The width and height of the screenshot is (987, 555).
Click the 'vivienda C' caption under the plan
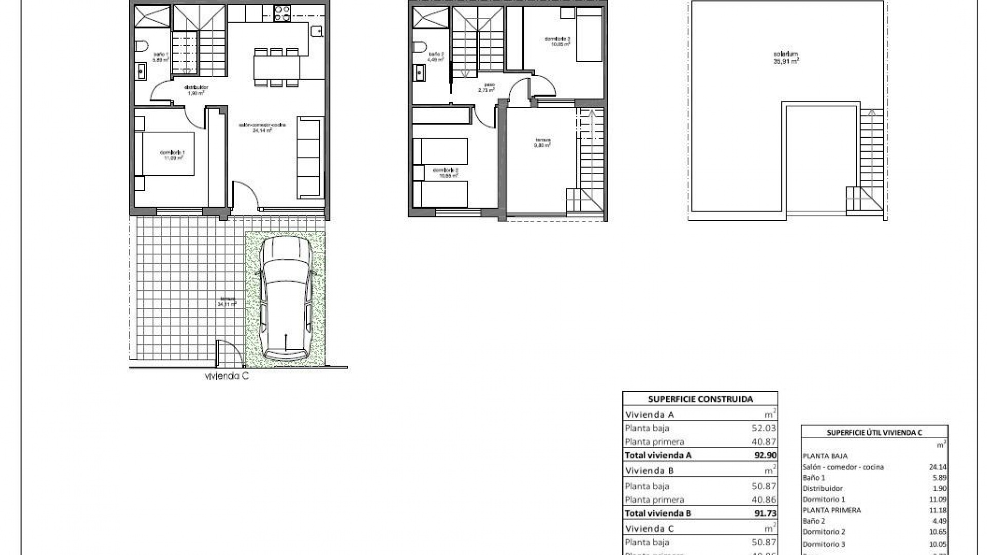[x=227, y=376]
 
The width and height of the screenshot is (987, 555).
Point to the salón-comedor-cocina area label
[x=262, y=127]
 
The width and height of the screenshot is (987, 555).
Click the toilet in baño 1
[x=140, y=47]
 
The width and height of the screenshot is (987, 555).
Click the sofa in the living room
[x=310, y=158]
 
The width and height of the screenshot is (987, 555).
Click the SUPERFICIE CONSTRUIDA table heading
[x=700, y=399]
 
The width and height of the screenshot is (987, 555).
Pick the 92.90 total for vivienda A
[x=765, y=455]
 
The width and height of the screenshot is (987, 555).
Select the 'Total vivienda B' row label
[x=657, y=513]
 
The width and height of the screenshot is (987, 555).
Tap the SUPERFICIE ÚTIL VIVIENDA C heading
[x=874, y=433]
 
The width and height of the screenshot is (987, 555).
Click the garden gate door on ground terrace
[x=227, y=353]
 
